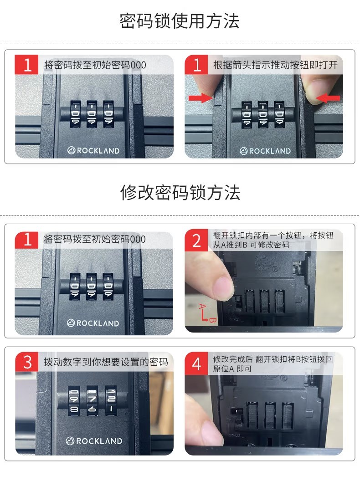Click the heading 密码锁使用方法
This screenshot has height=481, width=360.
(x=180, y=21)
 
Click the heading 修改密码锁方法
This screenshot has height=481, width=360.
(x=180, y=193)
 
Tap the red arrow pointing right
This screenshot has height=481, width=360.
(x=201, y=98)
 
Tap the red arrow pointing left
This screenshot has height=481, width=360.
(x=328, y=98)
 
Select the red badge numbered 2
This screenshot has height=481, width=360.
(x=196, y=240)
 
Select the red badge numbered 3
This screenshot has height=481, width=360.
(x=27, y=362)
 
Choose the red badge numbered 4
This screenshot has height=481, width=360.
(x=196, y=364)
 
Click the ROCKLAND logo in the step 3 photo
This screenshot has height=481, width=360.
(x=94, y=441)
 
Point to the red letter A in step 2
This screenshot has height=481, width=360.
(x=201, y=306)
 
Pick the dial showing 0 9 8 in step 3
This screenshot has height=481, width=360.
(x=74, y=400)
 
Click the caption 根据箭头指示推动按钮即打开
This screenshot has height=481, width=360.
(x=275, y=65)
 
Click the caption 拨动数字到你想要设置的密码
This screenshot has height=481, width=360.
(x=106, y=362)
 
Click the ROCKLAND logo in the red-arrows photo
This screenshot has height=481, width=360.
(x=265, y=151)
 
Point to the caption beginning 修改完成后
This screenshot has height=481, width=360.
(x=273, y=364)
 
